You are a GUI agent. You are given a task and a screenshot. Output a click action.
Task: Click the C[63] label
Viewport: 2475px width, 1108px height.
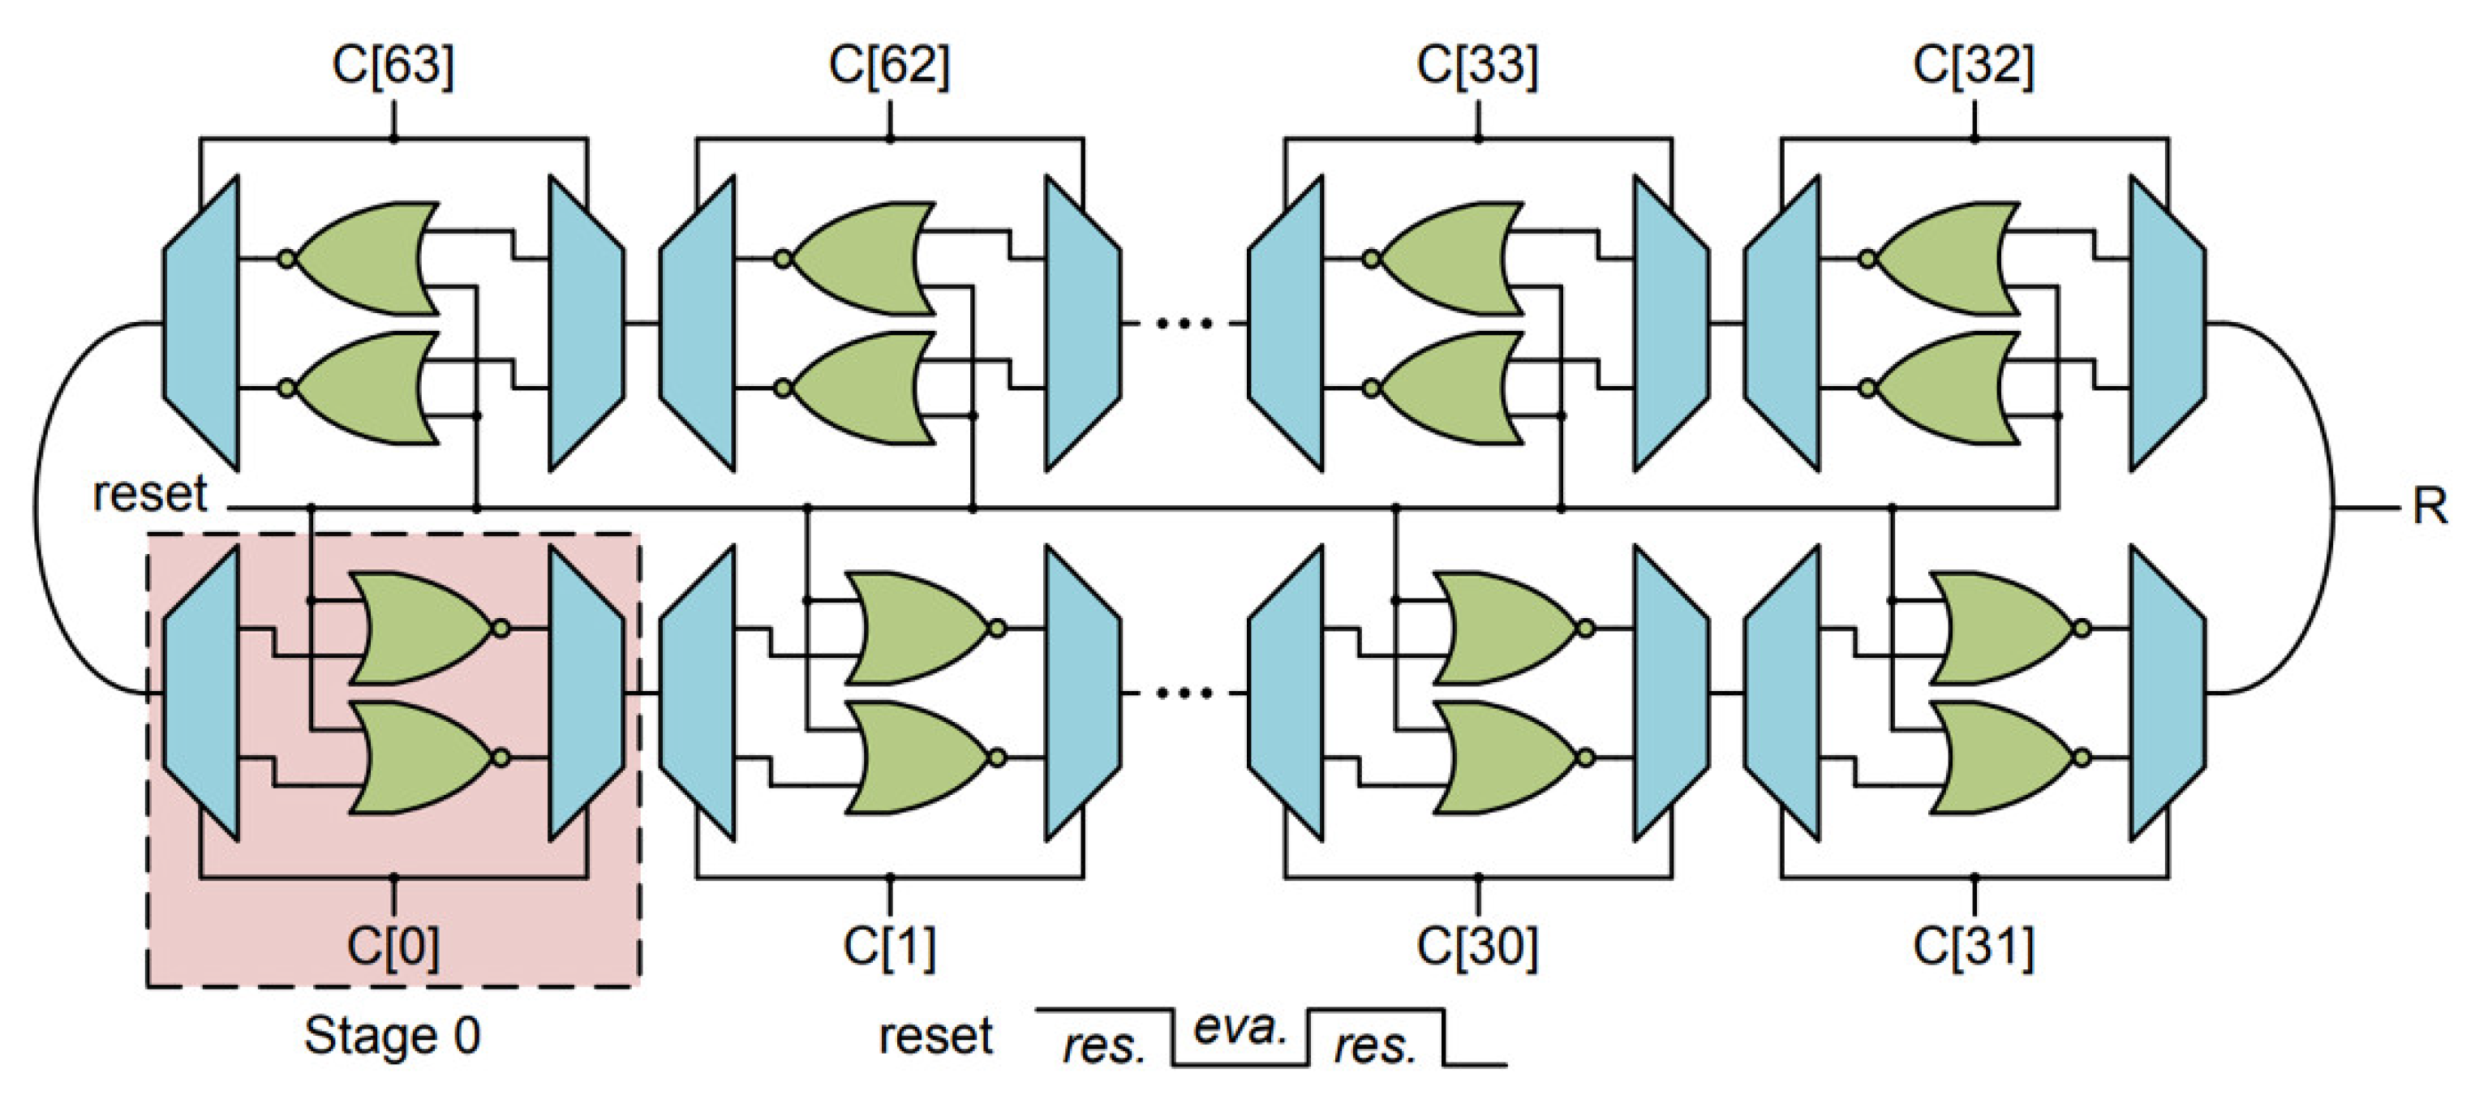pyautogui.click(x=392, y=66)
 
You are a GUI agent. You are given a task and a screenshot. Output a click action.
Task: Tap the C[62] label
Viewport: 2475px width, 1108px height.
pyautogui.click(x=889, y=66)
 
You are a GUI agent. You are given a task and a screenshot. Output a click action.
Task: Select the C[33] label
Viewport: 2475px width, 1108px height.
pyautogui.click(x=1476, y=66)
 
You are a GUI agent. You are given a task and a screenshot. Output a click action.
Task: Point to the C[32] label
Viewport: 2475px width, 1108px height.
pyautogui.click(x=1974, y=66)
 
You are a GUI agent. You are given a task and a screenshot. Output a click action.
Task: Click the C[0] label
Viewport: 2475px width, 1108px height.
pyautogui.click(x=392, y=947)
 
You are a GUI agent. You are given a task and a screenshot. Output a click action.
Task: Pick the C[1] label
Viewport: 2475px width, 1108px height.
pyautogui.click(x=889, y=947)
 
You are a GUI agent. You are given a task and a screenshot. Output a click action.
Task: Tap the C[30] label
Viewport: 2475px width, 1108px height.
pyautogui.click(x=1476, y=947)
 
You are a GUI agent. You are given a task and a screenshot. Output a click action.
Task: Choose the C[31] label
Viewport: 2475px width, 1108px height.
pyautogui.click(x=1974, y=947)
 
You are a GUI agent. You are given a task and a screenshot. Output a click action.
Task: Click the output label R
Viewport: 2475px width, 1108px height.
pyautogui.click(x=2429, y=506)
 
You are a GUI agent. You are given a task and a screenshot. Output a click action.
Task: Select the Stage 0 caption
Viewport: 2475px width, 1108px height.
pyautogui.click(x=392, y=1036)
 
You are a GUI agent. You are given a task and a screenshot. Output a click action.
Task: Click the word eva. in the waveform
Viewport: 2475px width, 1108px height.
pyautogui.click(x=1240, y=1029)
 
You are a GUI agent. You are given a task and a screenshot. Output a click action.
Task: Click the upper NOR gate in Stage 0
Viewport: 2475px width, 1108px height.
pyautogui.click(x=423, y=629)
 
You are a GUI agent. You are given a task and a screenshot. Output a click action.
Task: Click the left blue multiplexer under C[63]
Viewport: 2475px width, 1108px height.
pyautogui.click(x=202, y=323)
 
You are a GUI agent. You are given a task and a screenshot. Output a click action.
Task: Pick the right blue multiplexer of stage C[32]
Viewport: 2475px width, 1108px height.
pyautogui.click(x=2168, y=323)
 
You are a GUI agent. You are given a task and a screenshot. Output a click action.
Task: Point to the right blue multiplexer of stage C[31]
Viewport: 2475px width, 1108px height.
pyautogui.click(x=2168, y=692)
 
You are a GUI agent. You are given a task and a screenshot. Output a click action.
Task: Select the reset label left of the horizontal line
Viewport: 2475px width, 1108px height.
pyautogui.click(x=149, y=494)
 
